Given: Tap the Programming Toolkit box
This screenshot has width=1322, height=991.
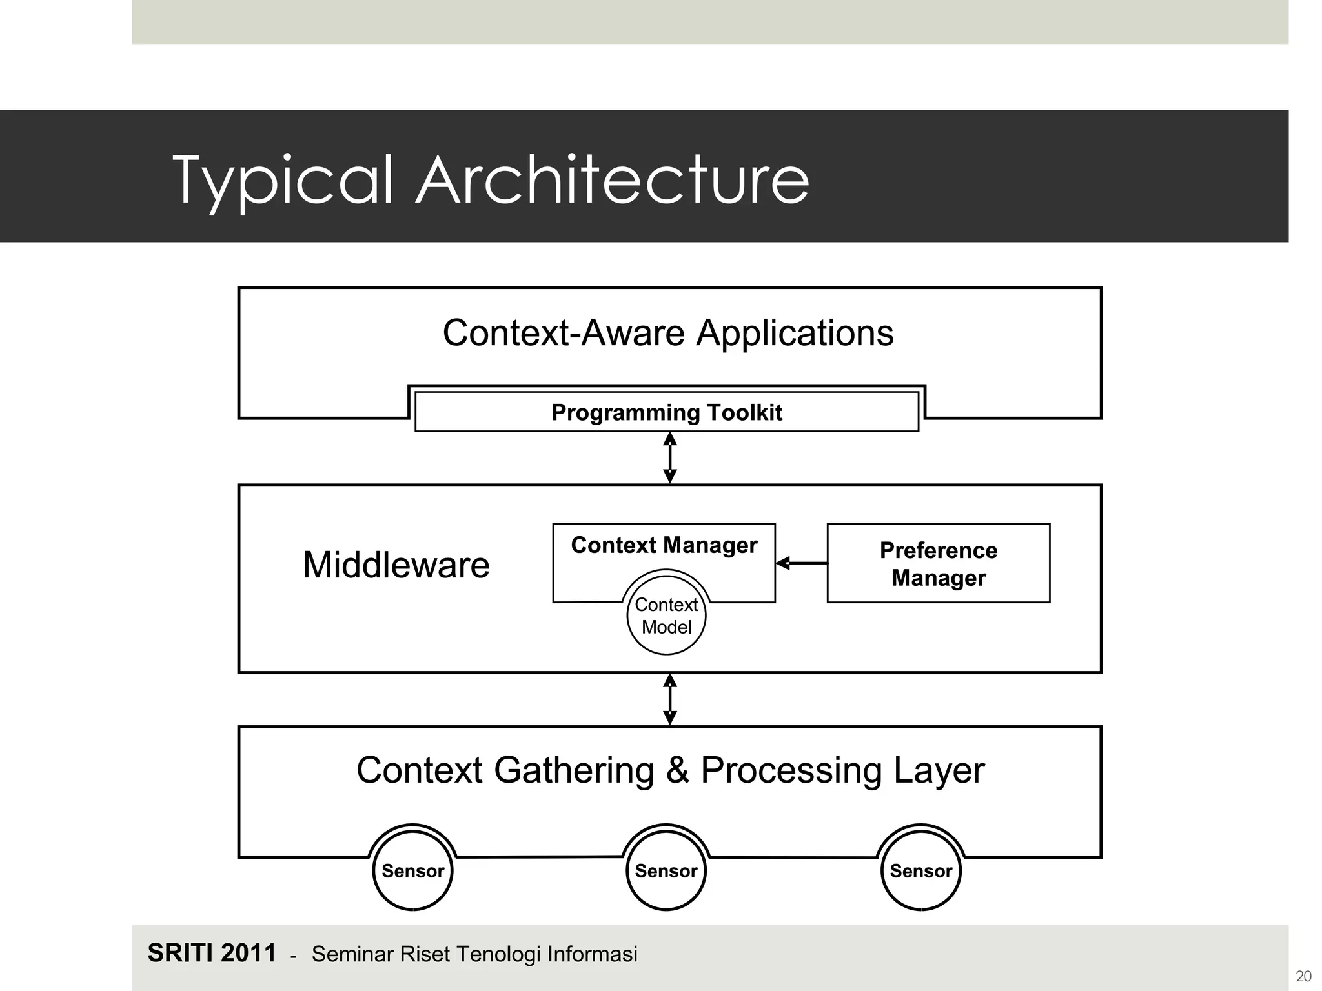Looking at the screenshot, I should click(666, 412).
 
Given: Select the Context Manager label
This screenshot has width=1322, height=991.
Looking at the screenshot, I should click(664, 545).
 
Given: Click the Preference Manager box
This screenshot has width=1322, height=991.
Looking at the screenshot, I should click(938, 563).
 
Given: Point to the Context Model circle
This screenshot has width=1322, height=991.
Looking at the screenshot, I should click(666, 616).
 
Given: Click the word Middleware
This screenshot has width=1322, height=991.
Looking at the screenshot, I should click(396, 565).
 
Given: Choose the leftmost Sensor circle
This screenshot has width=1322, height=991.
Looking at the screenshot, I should click(412, 870).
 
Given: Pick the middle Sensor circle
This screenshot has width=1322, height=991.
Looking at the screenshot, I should click(666, 870).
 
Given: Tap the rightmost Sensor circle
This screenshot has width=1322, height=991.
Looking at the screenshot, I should click(920, 870).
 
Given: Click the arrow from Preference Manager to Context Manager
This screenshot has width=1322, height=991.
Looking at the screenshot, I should click(801, 563).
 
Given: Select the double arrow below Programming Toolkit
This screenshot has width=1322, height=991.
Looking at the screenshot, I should click(670, 457).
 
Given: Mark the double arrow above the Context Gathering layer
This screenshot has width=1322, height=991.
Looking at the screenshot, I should click(670, 699).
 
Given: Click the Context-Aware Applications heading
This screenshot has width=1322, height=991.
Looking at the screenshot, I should click(668, 333).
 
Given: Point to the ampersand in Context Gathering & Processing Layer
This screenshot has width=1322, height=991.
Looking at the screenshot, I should click(677, 770).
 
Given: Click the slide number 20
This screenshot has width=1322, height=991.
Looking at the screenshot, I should click(1303, 976).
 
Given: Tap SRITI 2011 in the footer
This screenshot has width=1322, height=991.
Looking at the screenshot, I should click(212, 953).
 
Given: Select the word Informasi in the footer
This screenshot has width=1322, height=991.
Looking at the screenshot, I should click(591, 954).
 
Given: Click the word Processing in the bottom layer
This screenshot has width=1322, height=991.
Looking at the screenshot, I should click(791, 770).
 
